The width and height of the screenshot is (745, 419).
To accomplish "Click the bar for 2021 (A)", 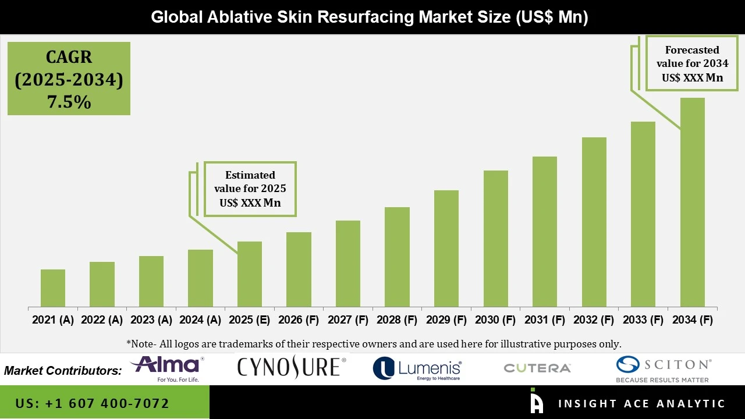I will [53, 288].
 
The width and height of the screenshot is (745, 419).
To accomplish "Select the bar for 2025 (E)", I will [250, 274].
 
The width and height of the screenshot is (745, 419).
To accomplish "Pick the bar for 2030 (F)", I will [495, 239].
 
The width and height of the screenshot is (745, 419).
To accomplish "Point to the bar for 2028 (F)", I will [397, 257].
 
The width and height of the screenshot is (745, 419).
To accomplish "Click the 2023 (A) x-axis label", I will [151, 320].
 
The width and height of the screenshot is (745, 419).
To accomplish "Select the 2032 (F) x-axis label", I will [594, 320].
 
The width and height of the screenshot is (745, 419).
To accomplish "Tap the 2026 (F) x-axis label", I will [299, 320].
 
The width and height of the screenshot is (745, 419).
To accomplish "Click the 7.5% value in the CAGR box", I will [69, 102].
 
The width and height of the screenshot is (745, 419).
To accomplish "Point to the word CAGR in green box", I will [69, 57].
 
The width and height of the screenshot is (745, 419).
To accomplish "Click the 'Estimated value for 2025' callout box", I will [250, 189].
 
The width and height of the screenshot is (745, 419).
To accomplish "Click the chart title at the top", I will [370, 17].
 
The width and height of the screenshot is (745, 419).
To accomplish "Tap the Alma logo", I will [167, 368].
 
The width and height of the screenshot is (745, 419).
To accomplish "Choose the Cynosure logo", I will [291, 367].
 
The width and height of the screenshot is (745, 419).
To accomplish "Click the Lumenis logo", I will [417, 368].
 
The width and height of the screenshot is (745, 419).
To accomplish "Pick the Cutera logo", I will [537, 368].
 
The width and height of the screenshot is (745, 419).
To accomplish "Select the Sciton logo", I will [664, 368].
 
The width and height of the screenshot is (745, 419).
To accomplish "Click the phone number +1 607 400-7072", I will [93, 403].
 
